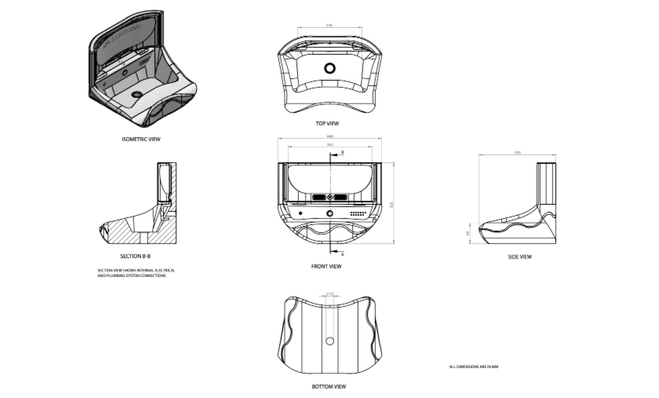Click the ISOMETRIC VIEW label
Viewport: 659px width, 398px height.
[141, 139]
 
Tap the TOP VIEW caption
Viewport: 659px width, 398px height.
[327, 124]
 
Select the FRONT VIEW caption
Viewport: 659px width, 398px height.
[327, 267]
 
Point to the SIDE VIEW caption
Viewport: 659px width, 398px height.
[520, 257]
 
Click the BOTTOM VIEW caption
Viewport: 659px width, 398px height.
[328, 386]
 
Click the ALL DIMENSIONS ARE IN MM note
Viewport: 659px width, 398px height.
[473, 367]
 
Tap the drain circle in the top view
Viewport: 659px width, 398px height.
[330, 68]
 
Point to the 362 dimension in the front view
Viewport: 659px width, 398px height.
[329, 144]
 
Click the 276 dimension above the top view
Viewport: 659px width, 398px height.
[329, 26]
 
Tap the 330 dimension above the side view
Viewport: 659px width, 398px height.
[518, 153]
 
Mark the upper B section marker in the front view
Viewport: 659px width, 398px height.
[342, 152]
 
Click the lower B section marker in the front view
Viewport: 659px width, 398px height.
[342, 253]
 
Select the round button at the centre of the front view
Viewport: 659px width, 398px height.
[329, 213]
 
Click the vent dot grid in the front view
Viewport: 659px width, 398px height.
[360, 213]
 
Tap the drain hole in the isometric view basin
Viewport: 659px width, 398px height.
[137, 94]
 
